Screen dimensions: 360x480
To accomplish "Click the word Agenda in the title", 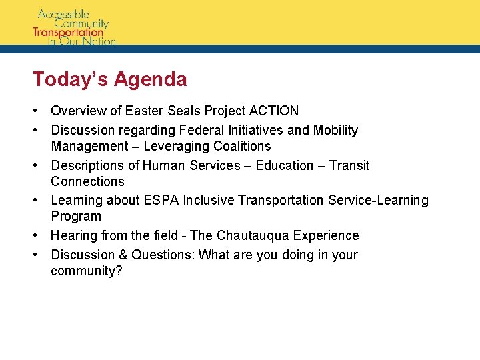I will [x=151, y=80].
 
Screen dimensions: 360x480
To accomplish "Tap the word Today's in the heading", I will [x=71, y=79].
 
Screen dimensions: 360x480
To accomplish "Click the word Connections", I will [x=87, y=181].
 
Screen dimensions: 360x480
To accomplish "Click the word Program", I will [x=76, y=216].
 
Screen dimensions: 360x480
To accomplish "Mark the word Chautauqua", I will [x=251, y=235].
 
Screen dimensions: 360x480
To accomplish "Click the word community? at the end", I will [x=87, y=271].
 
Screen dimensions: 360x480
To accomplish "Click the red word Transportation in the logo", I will [x=69, y=32].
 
